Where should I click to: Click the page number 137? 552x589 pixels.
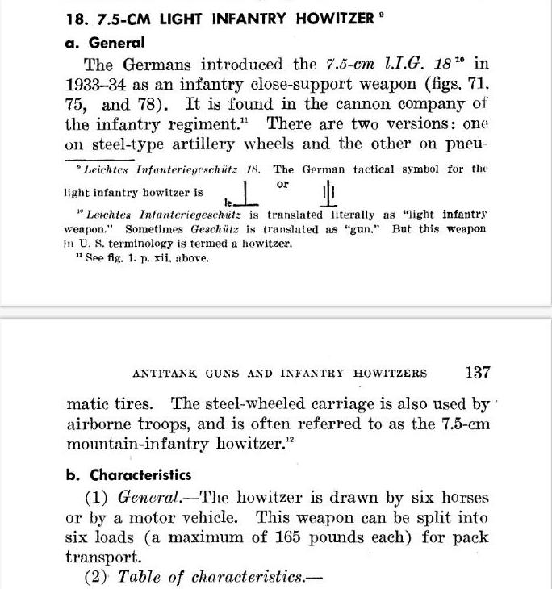click(x=478, y=373)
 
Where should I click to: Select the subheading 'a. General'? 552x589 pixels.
click(x=104, y=43)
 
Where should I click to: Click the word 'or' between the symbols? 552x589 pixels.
click(x=282, y=185)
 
